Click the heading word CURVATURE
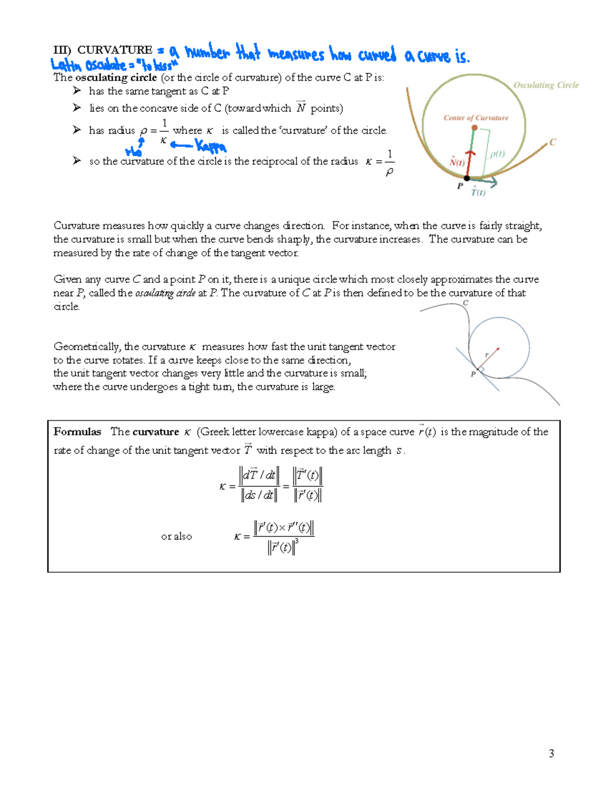coord(115,50)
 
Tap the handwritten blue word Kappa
coord(211,147)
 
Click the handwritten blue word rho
coord(133,151)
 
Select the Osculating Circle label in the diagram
coord(546,85)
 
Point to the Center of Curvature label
coord(476,118)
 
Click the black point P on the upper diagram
coord(467,178)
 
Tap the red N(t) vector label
coord(457,162)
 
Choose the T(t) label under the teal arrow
coord(478,192)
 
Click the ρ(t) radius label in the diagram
coord(497,154)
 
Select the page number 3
coord(551,754)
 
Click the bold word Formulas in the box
coord(78,432)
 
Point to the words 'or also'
coord(176,536)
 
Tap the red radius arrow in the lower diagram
coord(488,358)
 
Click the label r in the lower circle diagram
coord(487,354)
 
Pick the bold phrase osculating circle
coord(116,78)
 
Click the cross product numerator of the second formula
coord(284,528)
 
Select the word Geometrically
coord(87,347)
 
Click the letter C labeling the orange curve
coord(553,142)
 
